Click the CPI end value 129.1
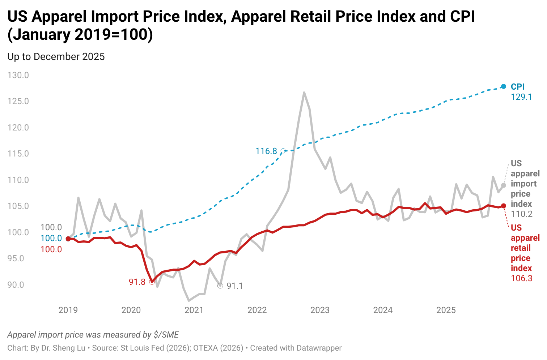click(521, 97)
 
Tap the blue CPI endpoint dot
click(504, 86)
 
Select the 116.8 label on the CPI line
click(266, 151)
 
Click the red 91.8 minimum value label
click(137, 282)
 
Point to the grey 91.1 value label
click(235, 286)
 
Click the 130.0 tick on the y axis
click(18, 75)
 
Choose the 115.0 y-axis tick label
click(18, 154)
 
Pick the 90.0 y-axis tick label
click(18, 285)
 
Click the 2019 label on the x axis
click(68, 310)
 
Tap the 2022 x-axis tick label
click(257, 310)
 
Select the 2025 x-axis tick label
click(446, 310)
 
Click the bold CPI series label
click(517, 87)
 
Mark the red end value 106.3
click(521, 278)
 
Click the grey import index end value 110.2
click(521, 214)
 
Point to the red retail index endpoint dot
click(504, 206)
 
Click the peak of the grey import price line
click(304, 93)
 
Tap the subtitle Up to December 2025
click(56, 57)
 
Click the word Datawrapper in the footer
click(319, 348)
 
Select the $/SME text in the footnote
click(166, 335)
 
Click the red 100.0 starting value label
click(51, 249)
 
